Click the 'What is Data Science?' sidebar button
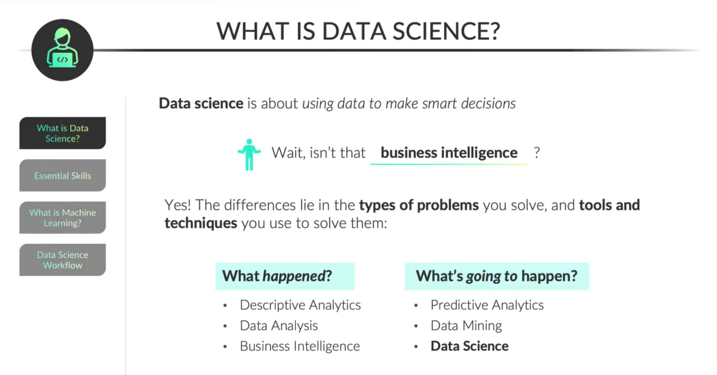(62, 133)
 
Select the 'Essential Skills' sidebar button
(62, 175)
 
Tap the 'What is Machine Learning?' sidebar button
(62, 218)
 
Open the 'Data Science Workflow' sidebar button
(62, 260)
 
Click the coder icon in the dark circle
(62, 49)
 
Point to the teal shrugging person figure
(249, 154)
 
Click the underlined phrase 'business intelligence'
(449, 153)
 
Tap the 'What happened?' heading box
(285, 276)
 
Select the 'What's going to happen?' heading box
(497, 276)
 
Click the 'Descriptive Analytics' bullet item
(300, 305)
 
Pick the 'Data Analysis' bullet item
(279, 326)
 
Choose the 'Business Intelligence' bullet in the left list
(300, 346)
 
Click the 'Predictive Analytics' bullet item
(487, 305)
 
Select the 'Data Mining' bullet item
(466, 326)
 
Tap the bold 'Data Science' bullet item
(469, 346)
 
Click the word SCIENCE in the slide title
(446, 31)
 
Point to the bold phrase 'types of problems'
(419, 205)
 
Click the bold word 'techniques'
(201, 223)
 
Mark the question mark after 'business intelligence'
(537, 153)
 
